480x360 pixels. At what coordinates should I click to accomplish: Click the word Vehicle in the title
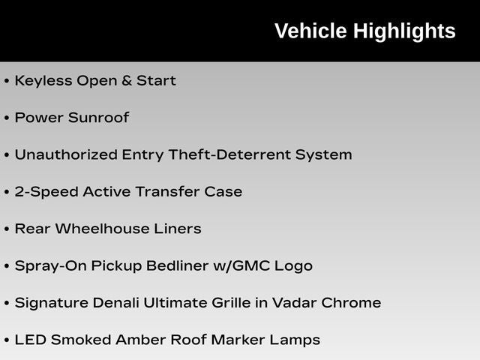point(310,31)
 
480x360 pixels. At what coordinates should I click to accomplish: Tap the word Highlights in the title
point(404,31)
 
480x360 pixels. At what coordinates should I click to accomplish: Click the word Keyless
point(43,81)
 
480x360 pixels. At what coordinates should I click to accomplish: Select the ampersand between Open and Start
point(127,81)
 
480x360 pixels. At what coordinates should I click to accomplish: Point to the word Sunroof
point(98,118)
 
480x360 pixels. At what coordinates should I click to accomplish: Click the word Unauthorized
point(66,154)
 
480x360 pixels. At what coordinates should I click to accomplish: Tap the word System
point(323,155)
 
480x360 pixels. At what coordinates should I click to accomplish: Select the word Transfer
point(167,192)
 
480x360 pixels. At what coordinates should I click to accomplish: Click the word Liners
point(178,229)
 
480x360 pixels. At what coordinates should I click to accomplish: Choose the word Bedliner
point(177,265)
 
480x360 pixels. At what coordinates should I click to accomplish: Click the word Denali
point(115,303)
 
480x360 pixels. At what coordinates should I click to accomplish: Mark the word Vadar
point(295,303)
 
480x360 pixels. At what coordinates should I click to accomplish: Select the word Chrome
point(352,303)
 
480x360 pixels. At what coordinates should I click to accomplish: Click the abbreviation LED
point(31,340)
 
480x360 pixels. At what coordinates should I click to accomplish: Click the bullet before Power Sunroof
point(7,118)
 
